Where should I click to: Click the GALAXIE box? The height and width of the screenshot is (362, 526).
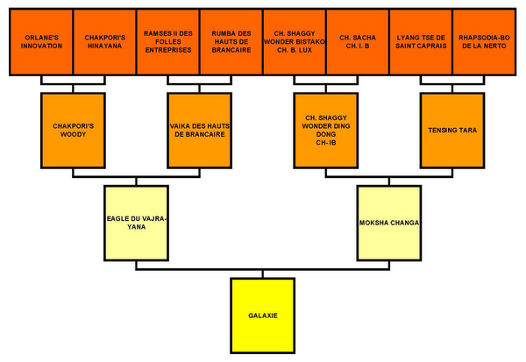[263, 315]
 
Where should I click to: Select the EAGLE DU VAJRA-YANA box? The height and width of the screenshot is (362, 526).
[136, 223]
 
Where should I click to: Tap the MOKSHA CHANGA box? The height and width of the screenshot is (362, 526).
[389, 223]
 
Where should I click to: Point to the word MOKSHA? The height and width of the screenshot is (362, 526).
[374, 223]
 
